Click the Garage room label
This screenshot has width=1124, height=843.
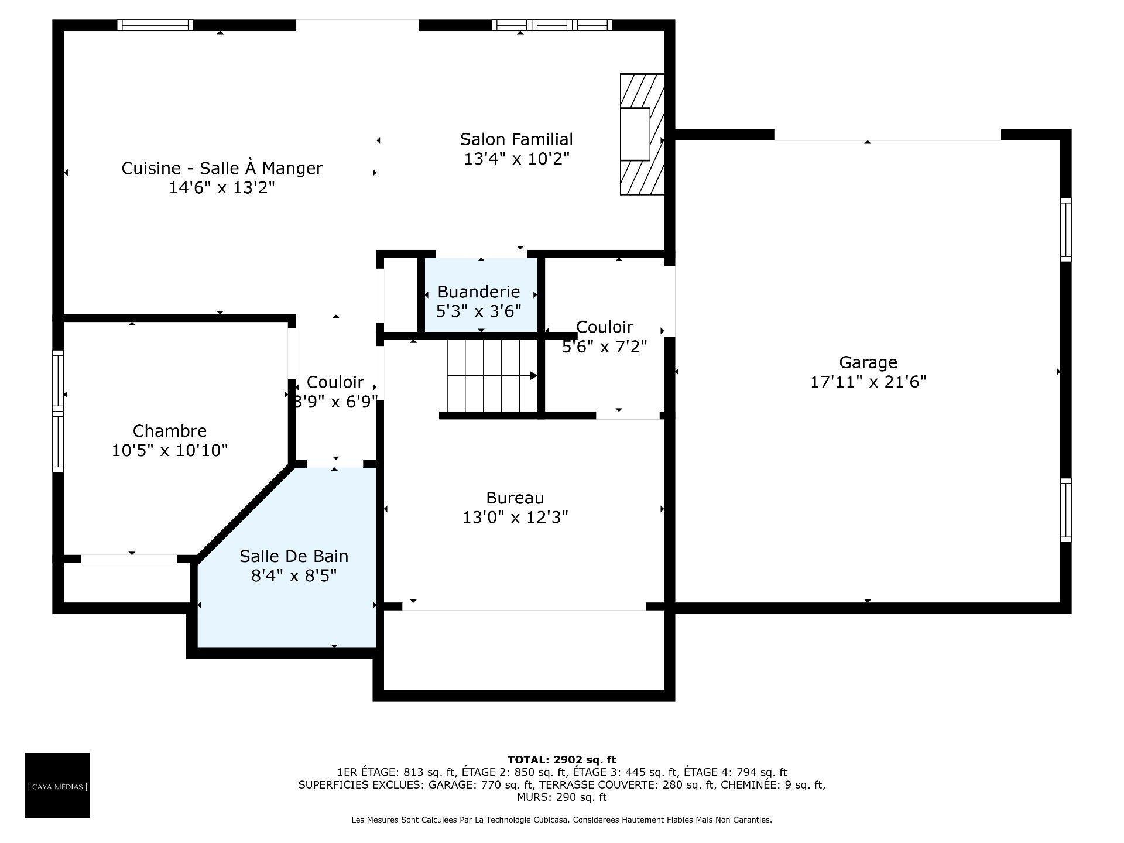868,362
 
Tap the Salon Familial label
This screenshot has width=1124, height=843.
516,139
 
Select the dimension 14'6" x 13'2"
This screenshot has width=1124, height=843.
221,188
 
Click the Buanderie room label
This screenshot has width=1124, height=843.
478,292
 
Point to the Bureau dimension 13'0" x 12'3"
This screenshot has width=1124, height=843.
515,518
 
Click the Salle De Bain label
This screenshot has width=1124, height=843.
294,556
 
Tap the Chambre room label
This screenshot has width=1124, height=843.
170,431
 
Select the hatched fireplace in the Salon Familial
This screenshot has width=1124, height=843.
642,134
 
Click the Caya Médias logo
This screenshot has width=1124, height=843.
57,785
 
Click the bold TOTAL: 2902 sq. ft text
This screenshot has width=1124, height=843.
561,760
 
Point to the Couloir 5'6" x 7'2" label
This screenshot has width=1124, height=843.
604,337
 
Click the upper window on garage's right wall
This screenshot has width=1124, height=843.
1065,229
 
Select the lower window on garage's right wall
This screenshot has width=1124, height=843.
1065,510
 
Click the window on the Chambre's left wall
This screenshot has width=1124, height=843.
58,411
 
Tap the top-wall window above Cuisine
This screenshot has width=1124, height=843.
155,25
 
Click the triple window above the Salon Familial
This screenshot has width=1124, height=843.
551,25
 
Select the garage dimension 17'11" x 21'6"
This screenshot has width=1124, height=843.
868,382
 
